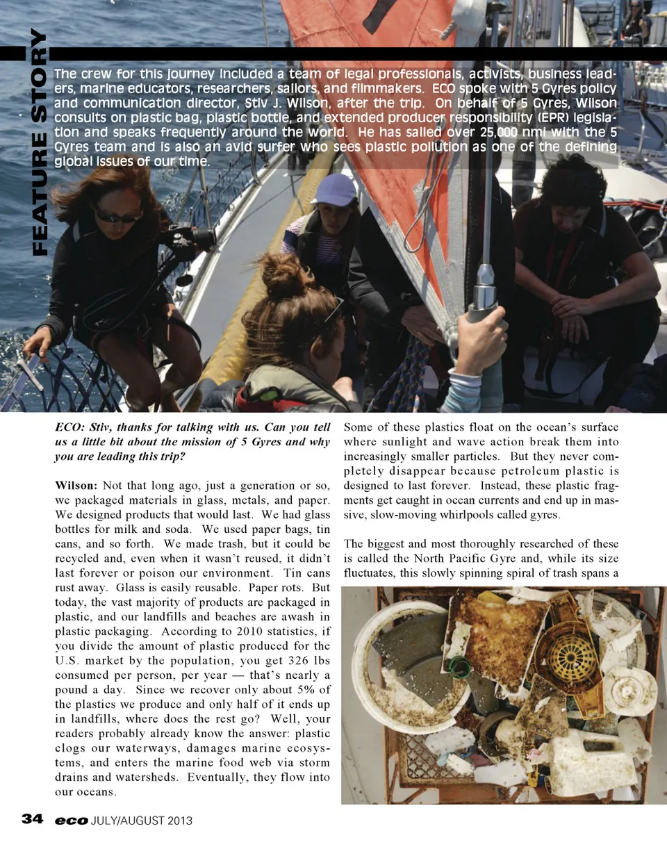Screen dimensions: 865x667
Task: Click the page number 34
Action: [x=32, y=818]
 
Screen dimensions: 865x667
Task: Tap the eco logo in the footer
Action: [x=72, y=821]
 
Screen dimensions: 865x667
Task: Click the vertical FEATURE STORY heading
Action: [x=39, y=142]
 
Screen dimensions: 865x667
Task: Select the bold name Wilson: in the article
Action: [x=76, y=486]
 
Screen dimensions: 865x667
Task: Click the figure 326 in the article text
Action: [x=272, y=661]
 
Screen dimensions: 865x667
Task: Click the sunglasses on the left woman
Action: [x=116, y=217]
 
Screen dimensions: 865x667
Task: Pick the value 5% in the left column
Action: [x=304, y=690]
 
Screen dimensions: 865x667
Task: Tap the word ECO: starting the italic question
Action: [x=69, y=427]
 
